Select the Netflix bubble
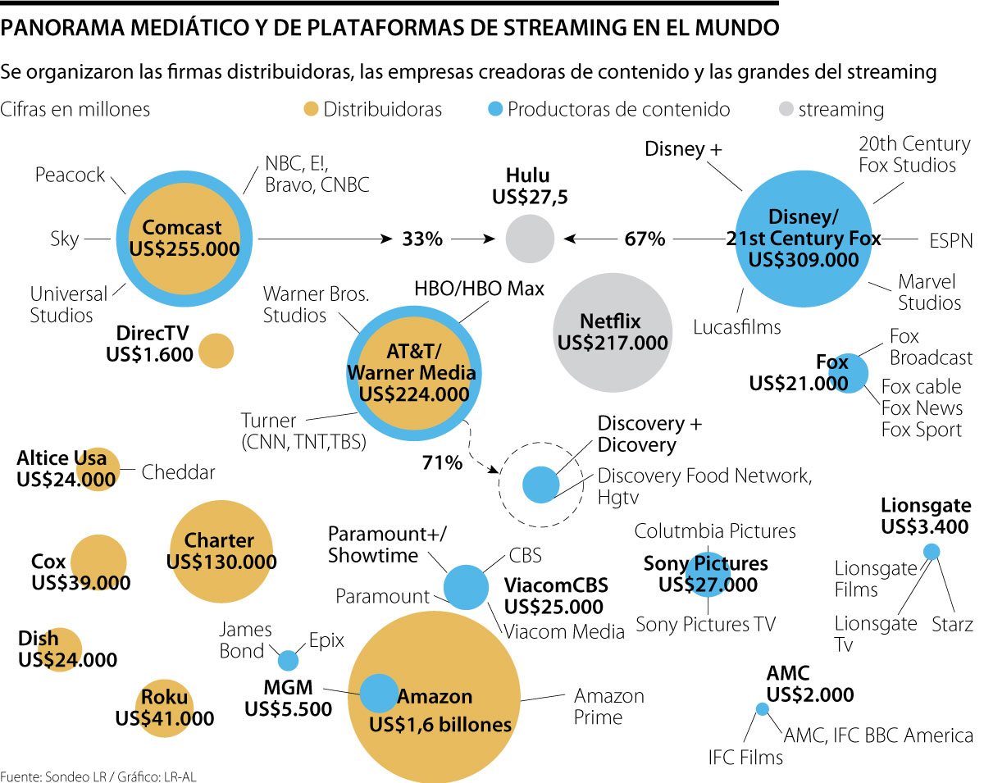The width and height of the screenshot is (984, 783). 610,331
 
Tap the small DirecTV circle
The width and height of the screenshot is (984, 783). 216,351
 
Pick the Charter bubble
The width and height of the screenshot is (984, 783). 220,552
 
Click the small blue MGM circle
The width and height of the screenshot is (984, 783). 288,659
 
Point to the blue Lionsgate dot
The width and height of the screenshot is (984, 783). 932,552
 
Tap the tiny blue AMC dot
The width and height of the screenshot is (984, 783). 762,709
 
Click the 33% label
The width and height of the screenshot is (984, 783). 422,239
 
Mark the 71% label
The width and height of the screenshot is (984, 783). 442,463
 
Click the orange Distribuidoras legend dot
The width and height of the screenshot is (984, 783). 310,109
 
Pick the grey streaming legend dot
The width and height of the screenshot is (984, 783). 784,109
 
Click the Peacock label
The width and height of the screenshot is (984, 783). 71,175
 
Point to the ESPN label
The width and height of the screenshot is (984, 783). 951,240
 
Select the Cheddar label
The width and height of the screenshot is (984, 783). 179,472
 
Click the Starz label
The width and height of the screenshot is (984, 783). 952,625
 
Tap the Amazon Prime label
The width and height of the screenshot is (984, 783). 609,706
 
